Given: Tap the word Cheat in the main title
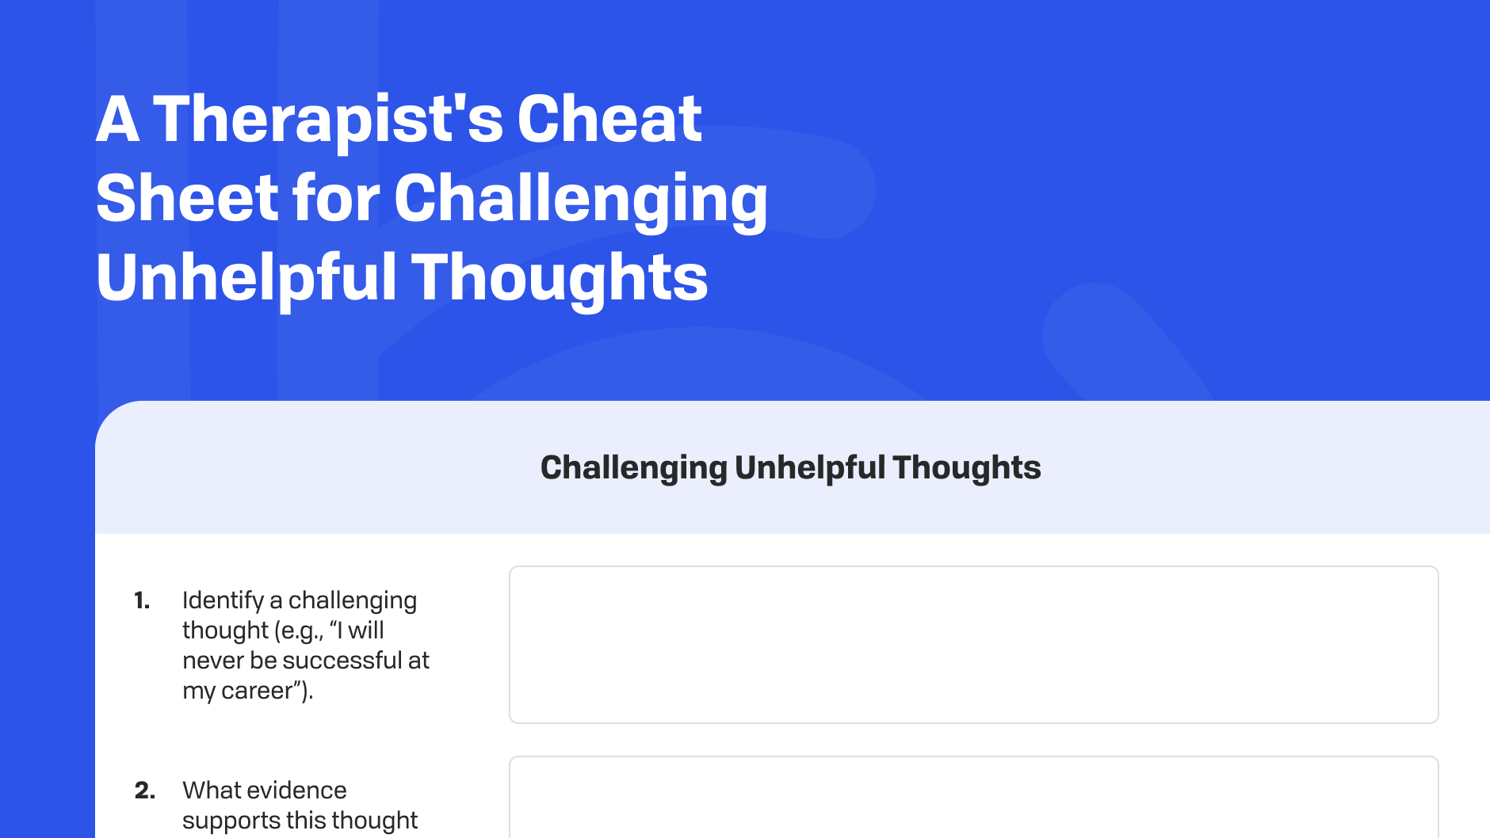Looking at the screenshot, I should [609, 120].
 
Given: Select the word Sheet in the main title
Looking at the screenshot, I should [187, 199].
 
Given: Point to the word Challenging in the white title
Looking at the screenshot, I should [580, 199].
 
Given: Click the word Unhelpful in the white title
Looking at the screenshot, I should [246, 278].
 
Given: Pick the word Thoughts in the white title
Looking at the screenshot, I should [560, 278].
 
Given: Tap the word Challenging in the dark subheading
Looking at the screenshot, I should [633, 468].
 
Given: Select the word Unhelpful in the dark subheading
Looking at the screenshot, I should [808, 468].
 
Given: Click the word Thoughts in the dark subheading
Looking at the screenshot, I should [966, 468].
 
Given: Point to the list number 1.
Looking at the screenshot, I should [142, 600].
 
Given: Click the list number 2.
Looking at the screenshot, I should [144, 790].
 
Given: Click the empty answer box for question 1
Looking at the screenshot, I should [973, 644].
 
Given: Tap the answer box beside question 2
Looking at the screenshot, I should [973, 798].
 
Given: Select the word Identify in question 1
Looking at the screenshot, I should [223, 600].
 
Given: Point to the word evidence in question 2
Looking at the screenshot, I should [298, 790].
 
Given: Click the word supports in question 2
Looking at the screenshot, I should [231, 821].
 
